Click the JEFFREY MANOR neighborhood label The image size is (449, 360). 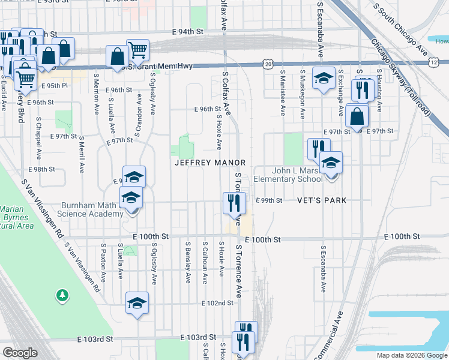[x=210, y=163]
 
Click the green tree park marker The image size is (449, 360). [x=61, y=295]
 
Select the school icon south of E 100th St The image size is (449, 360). [x=137, y=303]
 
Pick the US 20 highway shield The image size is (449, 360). [x=268, y=64]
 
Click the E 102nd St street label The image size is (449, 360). [x=217, y=303]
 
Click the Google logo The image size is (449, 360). [x=20, y=352]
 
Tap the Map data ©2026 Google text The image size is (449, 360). [x=411, y=355]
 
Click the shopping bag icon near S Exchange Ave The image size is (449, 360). [x=357, y=116]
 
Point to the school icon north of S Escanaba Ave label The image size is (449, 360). [x=324, y=78]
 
